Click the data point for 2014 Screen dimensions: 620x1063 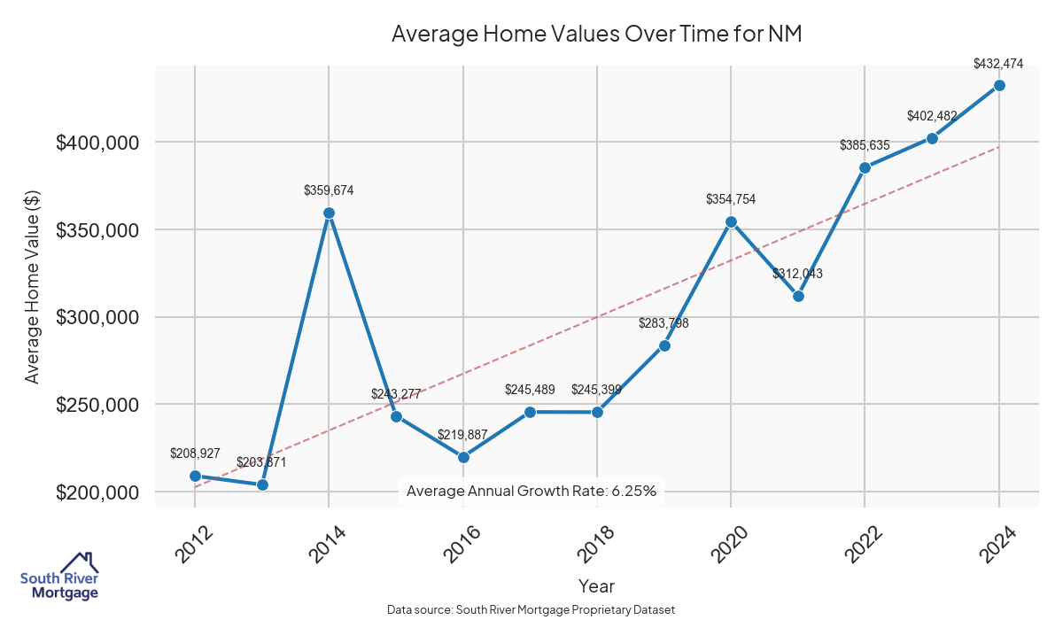329,213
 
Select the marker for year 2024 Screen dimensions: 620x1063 999,85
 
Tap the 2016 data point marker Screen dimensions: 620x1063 462,457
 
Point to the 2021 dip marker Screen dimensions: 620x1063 798,296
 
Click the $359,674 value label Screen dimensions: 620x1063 329,190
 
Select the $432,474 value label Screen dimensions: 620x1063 998,64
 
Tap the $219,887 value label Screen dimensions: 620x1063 462,435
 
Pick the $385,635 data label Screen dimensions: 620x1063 865,144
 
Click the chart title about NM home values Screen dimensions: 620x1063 596,34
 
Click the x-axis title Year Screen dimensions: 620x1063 596,586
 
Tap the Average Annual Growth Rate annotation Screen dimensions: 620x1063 531,491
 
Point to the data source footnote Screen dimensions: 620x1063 531,609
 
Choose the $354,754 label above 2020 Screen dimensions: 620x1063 731,199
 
